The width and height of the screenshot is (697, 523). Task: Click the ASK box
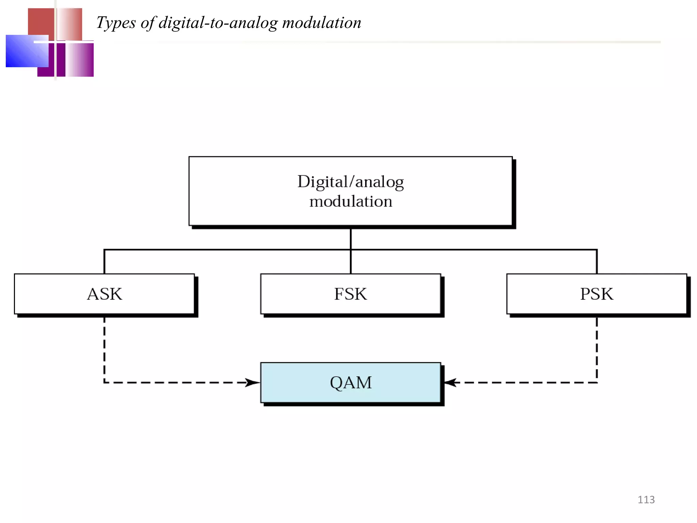(104, 294)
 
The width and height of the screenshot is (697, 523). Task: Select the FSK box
(351, 294)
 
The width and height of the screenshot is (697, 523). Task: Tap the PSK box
(597, 294)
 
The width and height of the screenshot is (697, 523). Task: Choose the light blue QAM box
(351, 382)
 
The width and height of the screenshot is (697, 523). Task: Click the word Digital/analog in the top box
(351, 181)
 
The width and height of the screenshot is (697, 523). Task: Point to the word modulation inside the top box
(351, 201)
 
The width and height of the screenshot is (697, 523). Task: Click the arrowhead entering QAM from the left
(253, 382)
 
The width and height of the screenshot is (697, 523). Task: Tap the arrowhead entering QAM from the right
(450, 382)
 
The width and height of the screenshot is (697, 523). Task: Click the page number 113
(646, 500)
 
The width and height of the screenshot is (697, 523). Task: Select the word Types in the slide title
(116, 23)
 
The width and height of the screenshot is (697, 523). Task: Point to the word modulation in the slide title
(322, 23)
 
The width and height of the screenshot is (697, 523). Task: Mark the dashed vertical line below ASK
(104, 347)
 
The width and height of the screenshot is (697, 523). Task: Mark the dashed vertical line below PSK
(597, 347)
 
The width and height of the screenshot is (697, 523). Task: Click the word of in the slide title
(147, 23)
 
